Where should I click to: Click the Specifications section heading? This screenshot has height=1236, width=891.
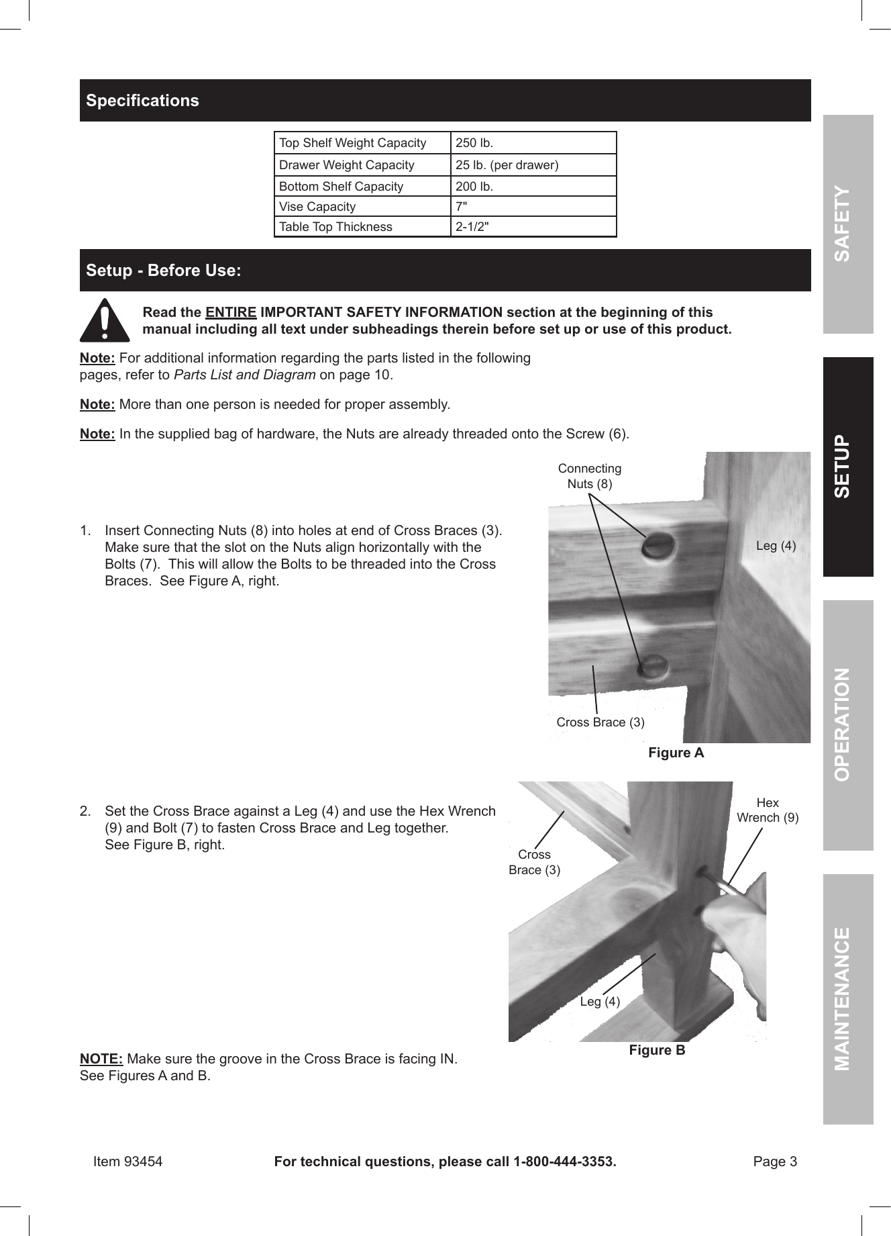(x=142, y=101)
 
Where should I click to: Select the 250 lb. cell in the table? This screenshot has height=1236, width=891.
(x=474, y=143)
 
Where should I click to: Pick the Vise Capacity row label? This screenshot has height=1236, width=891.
(x=317, y=207)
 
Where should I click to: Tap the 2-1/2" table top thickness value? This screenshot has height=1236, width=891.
(x=472, y=227)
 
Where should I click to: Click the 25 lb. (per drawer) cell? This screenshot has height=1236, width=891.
(x=507, y=165)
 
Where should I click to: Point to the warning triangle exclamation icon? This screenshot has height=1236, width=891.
(x=105, y=321)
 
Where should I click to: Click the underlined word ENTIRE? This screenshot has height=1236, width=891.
(x=231, y=312)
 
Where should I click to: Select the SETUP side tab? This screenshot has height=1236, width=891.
(x=848, y=467)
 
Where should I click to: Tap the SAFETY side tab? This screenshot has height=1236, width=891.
(x=848, y=224)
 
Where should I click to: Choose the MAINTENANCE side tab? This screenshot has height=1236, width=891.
(x=848, y=998)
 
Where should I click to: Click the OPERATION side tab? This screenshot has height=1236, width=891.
(x=848, y=724)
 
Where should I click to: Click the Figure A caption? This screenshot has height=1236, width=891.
(x=676, y=753)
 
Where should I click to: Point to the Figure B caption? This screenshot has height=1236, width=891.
(x=657, y=1050)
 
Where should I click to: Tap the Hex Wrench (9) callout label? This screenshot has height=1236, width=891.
(x=768, y=810)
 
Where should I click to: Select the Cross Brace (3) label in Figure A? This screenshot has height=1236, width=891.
(x=600, y=722)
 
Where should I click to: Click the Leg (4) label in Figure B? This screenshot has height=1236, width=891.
(x=600, y=1002)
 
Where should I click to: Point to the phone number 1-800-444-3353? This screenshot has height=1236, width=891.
(x=563, y=1161)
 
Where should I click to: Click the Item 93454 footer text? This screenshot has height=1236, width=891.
(x=127, y=1161)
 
